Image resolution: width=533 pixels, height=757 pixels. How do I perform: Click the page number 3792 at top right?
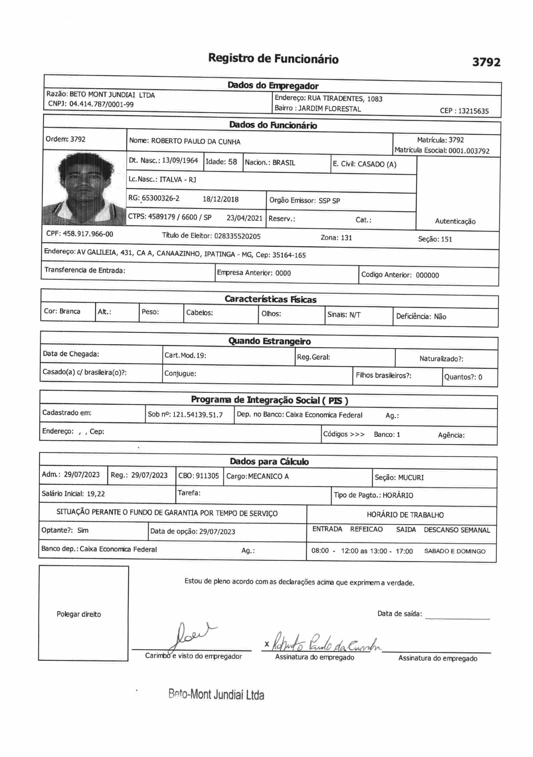(486, 62)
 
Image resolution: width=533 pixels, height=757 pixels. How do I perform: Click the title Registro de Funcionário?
(273, 59)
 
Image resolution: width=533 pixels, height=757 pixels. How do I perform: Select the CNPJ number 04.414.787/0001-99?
(102, 104)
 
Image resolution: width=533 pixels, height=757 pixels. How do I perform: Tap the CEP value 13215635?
(473, 111)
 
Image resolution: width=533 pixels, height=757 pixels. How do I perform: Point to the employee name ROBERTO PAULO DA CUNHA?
(196, 142)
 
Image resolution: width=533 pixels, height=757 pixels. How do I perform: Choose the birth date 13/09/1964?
(180, 161)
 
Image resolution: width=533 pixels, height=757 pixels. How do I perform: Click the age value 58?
(233, 162)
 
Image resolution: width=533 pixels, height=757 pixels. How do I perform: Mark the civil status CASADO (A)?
(377, 164)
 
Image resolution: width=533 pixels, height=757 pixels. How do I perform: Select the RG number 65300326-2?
(160, 199)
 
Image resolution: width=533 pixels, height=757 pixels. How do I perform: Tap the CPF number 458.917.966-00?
(88, 234)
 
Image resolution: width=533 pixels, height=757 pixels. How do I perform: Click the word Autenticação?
(455, 221)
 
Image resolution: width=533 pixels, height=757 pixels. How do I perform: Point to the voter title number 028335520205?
(238, 237)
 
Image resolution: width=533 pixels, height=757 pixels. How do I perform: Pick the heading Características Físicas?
(270, 299)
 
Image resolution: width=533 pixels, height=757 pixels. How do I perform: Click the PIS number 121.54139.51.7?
(198, 415)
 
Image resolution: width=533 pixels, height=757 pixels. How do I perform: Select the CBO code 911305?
(207, 476)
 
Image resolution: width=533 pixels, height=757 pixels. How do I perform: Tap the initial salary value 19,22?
(96, 494)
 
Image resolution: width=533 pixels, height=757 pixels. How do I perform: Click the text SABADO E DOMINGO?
(455, 551)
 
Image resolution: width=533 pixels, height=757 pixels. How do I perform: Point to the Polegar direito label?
(79, 614)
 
